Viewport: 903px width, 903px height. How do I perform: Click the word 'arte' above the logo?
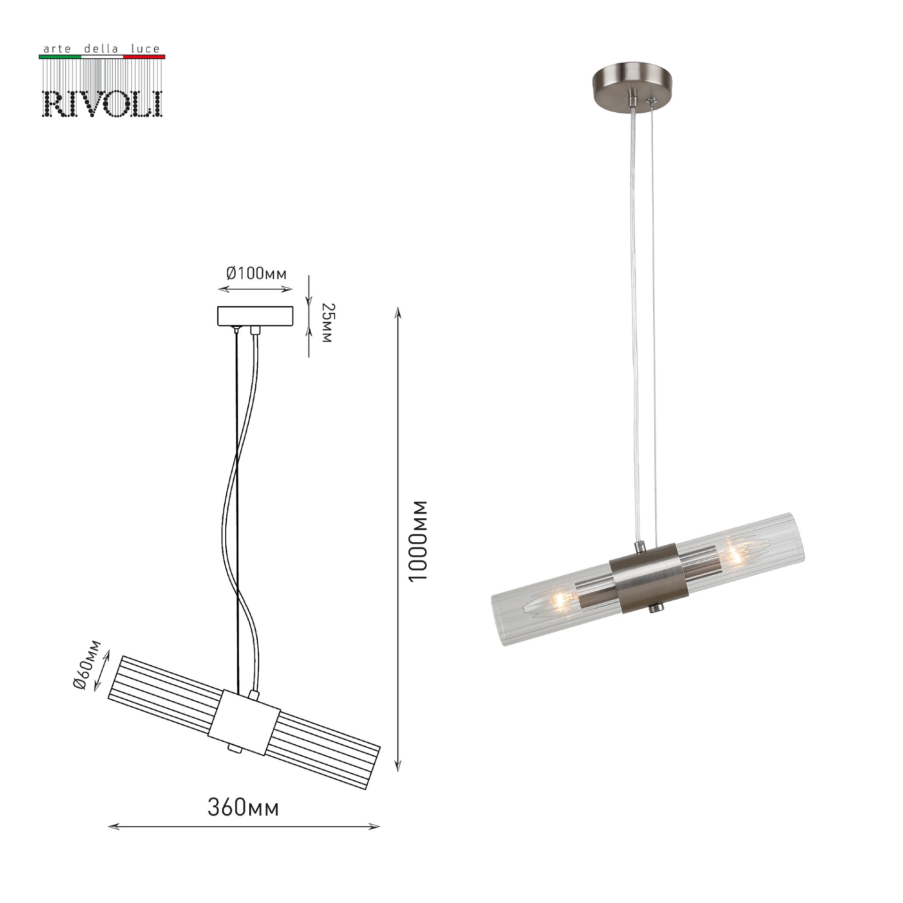[56, 49]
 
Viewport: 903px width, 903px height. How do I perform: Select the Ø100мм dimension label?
[256, 273]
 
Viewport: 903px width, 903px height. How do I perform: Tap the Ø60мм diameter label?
[87, 665]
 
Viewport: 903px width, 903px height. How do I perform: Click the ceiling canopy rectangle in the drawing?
[255, 316]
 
